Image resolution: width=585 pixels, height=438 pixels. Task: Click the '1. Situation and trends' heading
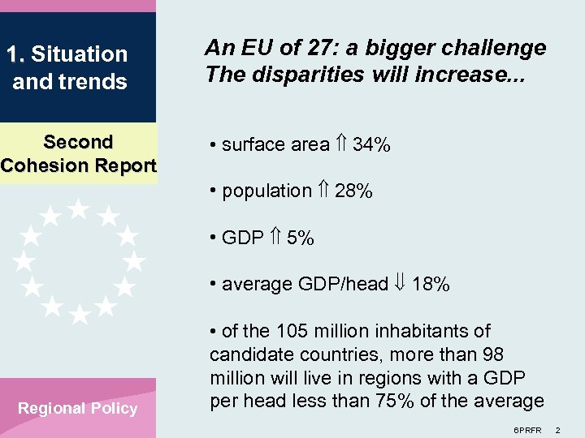point(67,68)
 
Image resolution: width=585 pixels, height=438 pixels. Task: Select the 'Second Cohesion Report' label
point(78,153)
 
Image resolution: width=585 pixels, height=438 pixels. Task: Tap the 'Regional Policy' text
point(78,408)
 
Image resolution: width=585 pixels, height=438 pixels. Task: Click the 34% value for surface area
point(371,145)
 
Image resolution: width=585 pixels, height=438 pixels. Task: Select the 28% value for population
point(353,191)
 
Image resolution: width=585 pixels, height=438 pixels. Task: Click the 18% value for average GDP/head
point(431,285)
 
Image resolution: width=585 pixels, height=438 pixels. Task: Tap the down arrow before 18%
point(401,285)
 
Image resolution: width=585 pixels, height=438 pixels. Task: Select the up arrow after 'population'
point(323,191)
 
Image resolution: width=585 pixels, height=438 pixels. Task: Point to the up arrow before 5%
point(275,238)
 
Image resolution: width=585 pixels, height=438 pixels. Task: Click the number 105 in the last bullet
point(291,331)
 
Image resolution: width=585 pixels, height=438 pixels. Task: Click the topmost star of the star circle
point(78,208)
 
